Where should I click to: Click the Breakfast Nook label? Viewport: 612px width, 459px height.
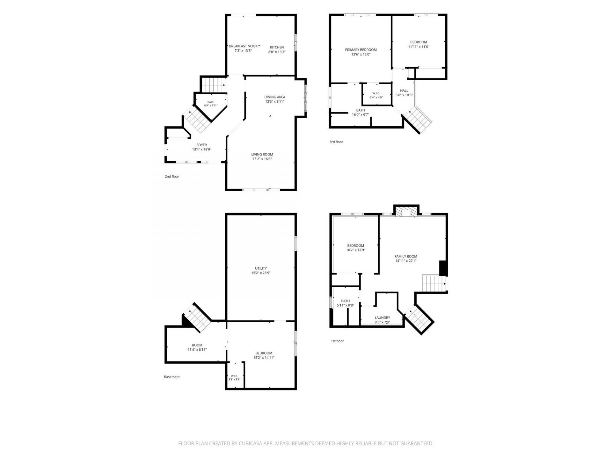243,46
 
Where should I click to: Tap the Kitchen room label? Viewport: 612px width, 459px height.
277,47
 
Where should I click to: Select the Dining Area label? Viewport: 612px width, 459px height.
274,97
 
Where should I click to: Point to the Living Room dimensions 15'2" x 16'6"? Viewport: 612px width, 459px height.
262,159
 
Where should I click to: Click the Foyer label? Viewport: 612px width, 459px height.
201,145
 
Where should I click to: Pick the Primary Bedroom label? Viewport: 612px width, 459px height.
361,50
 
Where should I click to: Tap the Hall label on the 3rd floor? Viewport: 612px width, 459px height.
404,91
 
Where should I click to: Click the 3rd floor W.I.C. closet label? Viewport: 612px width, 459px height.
376,93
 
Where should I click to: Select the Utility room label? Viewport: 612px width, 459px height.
261,268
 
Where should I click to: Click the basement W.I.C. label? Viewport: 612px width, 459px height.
234,376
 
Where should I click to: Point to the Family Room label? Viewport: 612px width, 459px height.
406,256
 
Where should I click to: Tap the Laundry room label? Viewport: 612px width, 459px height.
382,317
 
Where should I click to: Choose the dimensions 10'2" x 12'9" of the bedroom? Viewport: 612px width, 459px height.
355,250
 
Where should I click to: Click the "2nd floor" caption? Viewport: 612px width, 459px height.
172,176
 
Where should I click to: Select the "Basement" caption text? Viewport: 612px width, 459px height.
172,377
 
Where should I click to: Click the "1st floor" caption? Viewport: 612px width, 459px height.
337,341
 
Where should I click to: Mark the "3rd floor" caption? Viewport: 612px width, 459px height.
336,142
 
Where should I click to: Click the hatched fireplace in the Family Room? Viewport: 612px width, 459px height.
406,213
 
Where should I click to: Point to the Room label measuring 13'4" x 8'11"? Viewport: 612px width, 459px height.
197,345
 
